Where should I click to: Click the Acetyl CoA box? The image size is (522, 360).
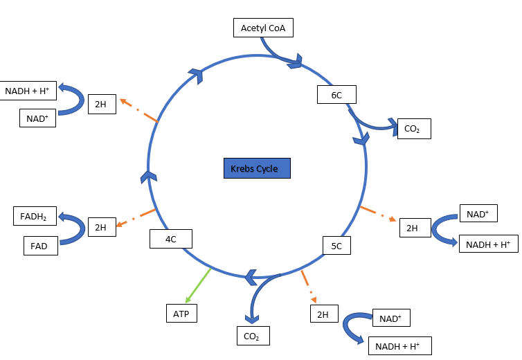tap(263, 28)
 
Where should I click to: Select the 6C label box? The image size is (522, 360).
tap(336, 95)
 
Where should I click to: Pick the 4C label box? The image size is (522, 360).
tap(170, 239)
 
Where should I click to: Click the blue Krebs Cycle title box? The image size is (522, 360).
tap(256, 169)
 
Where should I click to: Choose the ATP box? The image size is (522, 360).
tap(181, 313)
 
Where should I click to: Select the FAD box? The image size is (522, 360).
tap(40, 245)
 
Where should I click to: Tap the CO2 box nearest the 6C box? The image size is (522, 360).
tap(413, 129)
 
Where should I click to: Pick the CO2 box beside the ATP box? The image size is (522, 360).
tap(252, 336)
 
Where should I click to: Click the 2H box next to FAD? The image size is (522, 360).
tap(101, 227)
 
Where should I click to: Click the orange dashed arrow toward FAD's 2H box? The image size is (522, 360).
tap(136, 217)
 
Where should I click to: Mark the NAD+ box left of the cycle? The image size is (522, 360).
tap(37, 118)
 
